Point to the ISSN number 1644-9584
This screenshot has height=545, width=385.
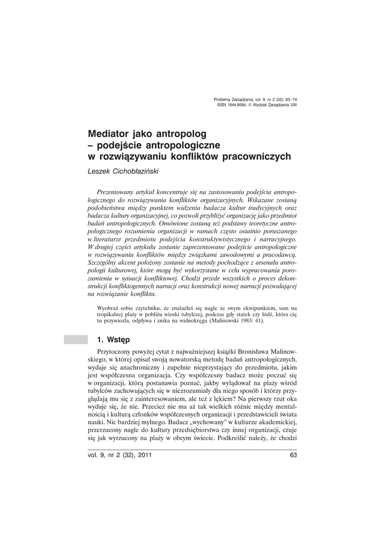241,105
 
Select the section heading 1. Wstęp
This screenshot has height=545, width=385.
113,339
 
